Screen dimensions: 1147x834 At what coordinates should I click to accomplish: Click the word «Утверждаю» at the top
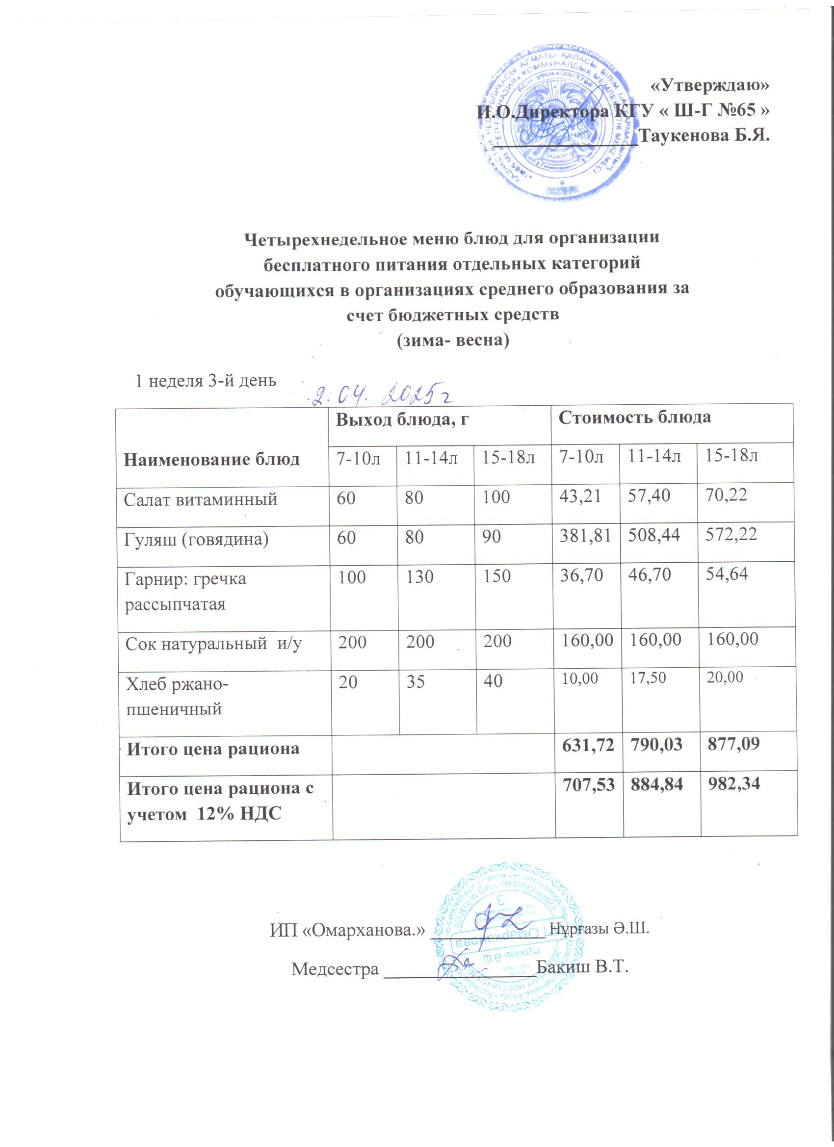708,85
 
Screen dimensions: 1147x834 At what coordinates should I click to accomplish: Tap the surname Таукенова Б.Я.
704,135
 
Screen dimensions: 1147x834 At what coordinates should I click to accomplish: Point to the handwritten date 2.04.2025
379,395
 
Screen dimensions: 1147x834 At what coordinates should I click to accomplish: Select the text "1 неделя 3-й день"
206,380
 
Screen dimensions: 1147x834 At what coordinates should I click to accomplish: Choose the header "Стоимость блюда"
634,417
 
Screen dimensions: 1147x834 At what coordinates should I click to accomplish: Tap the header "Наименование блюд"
211,459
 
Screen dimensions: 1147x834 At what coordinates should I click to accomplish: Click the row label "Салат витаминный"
200,499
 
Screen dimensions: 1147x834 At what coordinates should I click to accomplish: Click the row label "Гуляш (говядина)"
196,540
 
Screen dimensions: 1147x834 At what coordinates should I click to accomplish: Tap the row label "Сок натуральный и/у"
213,644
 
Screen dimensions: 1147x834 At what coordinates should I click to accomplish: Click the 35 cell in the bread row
415,682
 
